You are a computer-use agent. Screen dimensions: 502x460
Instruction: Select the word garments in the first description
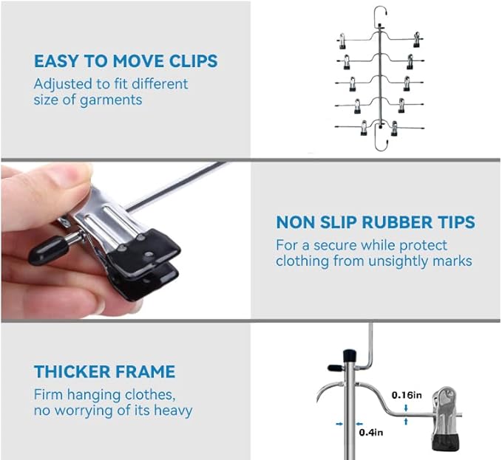click(111, 100)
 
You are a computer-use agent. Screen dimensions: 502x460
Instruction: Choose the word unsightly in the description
click(398, 261)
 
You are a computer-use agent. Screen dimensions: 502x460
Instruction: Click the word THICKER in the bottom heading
click(72, 371)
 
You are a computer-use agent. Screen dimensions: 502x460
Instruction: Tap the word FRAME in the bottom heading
click(145, 371)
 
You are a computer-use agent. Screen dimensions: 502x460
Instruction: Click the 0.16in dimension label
click(407, 395)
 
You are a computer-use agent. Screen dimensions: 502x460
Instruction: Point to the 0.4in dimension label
click(370, 433)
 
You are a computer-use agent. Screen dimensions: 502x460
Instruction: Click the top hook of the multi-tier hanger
click(380, 14)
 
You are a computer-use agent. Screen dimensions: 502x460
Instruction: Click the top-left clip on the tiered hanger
click(342, 41)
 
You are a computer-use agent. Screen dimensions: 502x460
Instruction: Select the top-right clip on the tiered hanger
click(416, 40)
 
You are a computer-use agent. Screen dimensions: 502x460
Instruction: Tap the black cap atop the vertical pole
click(349, 356)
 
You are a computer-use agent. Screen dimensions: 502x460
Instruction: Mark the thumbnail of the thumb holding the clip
click(79, 175)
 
